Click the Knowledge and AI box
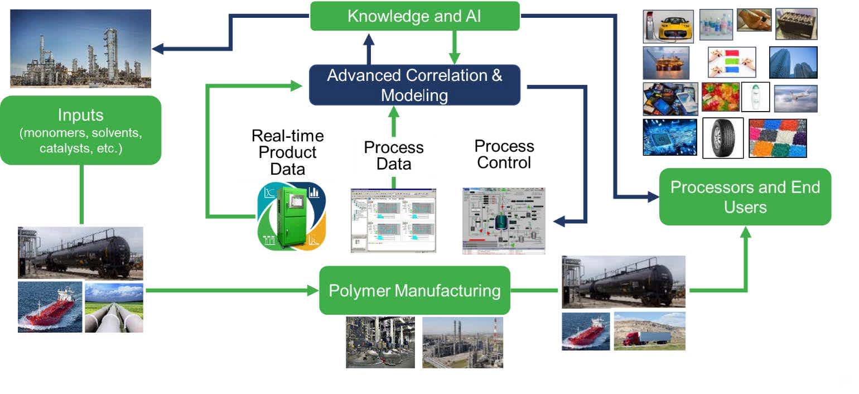414,16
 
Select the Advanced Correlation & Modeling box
414,85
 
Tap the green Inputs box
81,130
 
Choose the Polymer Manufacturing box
414,290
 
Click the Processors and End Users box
745,196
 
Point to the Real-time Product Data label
287,152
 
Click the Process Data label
394,155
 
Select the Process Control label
504,154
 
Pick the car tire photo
723,137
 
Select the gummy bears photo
720,97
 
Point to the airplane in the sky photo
795,98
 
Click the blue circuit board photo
669,137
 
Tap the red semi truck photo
649,331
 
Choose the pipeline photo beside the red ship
114,307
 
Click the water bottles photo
716,24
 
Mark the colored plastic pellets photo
778,138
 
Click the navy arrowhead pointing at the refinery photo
158,49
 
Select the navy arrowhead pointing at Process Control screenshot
558,222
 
